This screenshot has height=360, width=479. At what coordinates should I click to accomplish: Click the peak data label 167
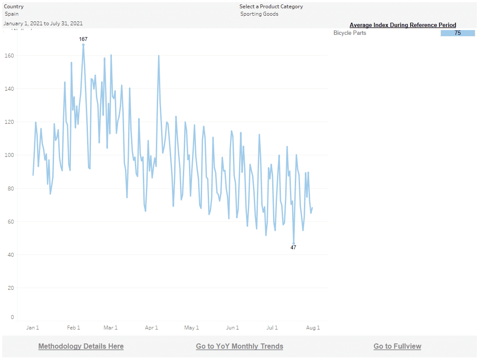point(83,39)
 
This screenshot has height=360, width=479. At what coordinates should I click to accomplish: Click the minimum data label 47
point(293,248)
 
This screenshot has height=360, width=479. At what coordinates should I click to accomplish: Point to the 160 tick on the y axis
point(10,56)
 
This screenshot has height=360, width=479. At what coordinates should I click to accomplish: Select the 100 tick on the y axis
point(10,155)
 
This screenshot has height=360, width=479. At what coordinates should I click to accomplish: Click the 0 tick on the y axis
point(12,317)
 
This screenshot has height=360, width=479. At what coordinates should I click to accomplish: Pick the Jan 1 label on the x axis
point(33,328)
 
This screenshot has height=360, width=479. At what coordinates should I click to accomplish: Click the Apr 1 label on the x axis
point(152,328)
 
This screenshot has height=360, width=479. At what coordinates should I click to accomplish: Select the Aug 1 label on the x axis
point(313,328)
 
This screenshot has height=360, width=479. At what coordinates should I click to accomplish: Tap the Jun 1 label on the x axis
point(233,328)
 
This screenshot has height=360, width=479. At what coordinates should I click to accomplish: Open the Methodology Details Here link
point(81,346)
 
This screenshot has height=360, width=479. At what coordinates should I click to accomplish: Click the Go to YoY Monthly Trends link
point(239,346)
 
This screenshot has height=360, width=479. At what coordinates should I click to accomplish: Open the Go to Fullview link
point(397,346)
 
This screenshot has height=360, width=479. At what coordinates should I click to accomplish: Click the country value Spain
point(12,14)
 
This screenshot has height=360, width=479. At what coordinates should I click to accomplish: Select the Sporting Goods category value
point(260,14)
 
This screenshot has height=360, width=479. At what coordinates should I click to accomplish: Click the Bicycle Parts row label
point(350,33)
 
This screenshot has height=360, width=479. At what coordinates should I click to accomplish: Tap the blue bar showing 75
point(458,33)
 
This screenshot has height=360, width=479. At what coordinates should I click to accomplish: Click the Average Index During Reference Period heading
point(403,25)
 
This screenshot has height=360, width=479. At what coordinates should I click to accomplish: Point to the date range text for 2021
point(44,24)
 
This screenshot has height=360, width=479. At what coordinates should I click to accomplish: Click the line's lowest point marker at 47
point(294,243)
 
